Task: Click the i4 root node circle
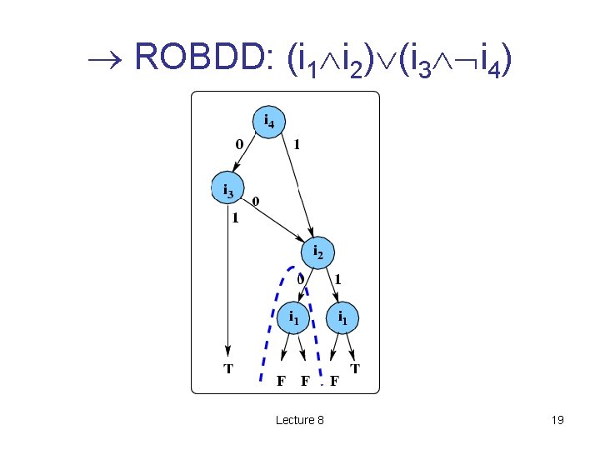pyautogui.click(x=268, y=122)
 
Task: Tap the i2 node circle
pyautogui.click(x=317, y=251)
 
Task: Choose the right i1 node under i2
pyautogui.click(x=343, y=317)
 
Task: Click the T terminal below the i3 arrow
pyautogui.click(x=227, y=367)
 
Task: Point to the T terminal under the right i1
pyautogui.click(x=356, y=367)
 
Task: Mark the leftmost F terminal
pyautogui.click(x=282, y=382)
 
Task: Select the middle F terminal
pyautogui.click(x=306, y=382)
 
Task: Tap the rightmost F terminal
pyautogui.click(x=334, y=382)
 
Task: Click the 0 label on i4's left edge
pyautogui.click(x=240, y=144)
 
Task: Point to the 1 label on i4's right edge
pyautogui.click(x=297, y=144)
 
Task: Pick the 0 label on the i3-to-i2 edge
pyautogui.click(x=256, y=202)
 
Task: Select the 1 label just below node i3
pyautogui.click(x=236, y=219)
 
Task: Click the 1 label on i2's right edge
pyautogui.click(x=338, y=279)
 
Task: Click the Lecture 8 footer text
pyautogui.click(x=300, y=420)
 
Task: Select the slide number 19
pyautogui.click(x=557, y=420)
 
